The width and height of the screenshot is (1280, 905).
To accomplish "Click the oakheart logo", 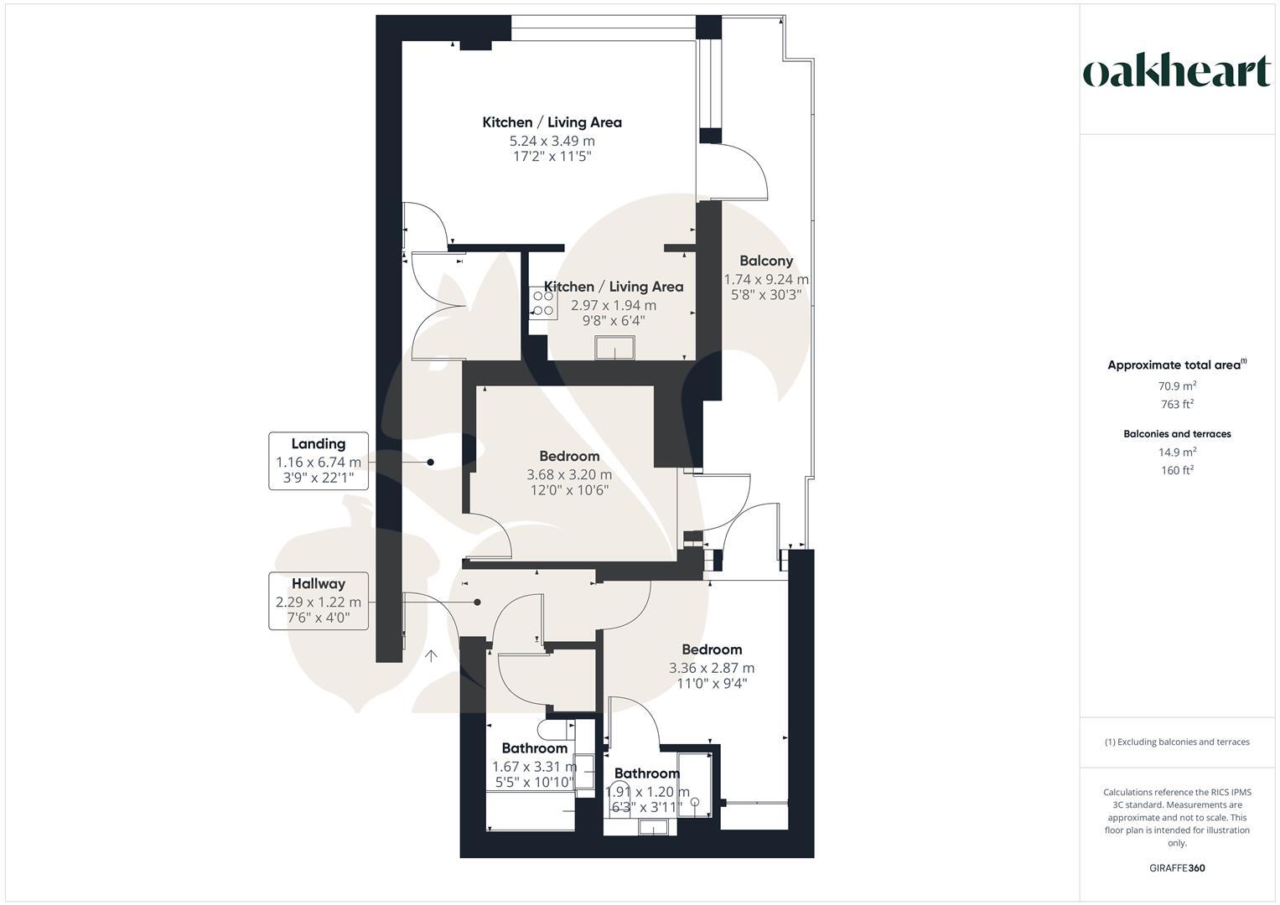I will [1176, 72].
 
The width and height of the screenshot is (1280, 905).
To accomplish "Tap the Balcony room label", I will [765, 261].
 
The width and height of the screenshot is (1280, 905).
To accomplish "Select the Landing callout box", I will [319, 461].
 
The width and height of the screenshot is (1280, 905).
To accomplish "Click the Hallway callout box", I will [319, 601].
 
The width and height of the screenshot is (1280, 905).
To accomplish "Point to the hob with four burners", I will [542, 303].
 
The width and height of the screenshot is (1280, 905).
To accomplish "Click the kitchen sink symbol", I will [614, 347].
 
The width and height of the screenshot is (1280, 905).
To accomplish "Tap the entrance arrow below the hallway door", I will [432, 656].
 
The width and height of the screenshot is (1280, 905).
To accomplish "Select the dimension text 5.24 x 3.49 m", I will [552, 141].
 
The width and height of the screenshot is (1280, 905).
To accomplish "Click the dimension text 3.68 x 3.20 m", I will [569, 474].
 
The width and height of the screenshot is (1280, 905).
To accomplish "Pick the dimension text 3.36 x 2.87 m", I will [711, 668].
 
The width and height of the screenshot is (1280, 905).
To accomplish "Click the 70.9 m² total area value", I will [1177, 386].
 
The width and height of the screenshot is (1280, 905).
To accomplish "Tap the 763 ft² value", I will [1177, 405].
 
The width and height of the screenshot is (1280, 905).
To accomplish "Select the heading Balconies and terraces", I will [1177, 434].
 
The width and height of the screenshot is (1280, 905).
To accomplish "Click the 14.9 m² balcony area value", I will [1177, 452].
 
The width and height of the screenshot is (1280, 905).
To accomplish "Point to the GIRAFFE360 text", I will [1177, 868].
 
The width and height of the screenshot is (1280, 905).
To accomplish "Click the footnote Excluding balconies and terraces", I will [1177, 742].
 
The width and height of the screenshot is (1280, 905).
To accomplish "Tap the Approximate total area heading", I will [1176, 365].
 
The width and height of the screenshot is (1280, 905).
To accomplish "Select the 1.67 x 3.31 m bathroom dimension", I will [534, 767].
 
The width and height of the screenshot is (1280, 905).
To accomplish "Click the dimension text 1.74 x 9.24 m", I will [766, 279].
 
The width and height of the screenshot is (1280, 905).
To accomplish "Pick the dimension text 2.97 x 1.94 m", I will [614, 305].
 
